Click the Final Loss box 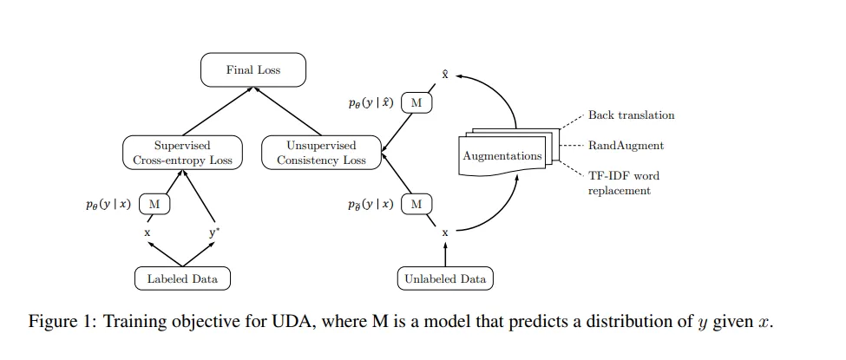click(253, 69)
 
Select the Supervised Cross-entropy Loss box click(182, 153)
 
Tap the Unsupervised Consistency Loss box click(321, 153)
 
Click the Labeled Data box click(182, 278)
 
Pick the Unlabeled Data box click(445, 278)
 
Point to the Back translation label click(632, 115)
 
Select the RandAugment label click(626, 146)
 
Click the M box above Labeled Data click(154, 204)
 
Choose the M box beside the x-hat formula click(416, 103)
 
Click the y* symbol click(214, 233)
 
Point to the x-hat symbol click(445, 75)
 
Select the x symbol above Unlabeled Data click(445, 233)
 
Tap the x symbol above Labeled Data click(147, 233)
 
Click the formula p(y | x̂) click(371, 103)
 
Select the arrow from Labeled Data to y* click(198, 254)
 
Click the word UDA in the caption click(298, 322)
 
